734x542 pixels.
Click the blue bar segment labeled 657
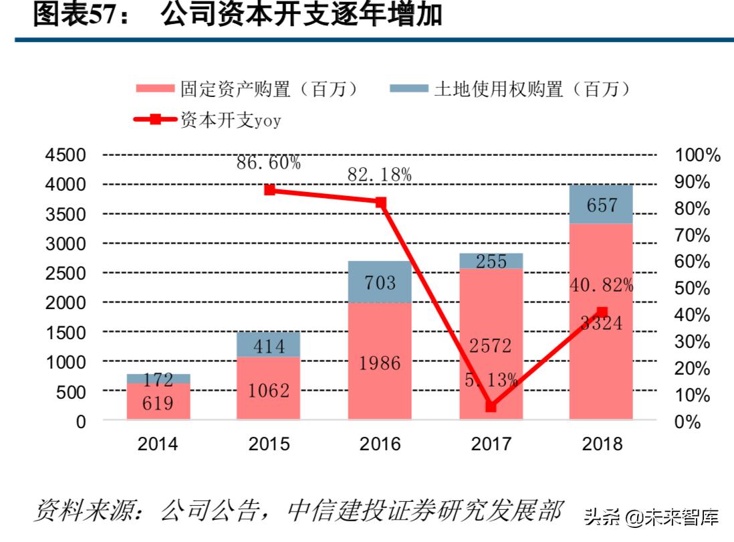(x=601, y=204)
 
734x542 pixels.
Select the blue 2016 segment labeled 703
(x=380, y=282)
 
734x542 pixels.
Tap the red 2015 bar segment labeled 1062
(x=269, y=388)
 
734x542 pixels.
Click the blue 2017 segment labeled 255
(x=491, y=261)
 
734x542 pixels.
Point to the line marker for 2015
(x=269, y=190)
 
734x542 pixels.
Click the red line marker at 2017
(x=491, y=406)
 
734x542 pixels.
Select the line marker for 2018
(x=602, y=312)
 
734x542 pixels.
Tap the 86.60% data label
(x=269, y=163)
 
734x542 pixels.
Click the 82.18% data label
(x=379, y=175)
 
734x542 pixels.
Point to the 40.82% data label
(x=601, y=286)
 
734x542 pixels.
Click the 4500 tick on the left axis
(x=65, y=155)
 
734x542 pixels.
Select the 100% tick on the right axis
(x=697, y=155)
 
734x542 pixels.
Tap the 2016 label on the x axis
(x=380, y=444)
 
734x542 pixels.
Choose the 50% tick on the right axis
(x=692, y=288)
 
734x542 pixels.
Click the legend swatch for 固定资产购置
(x=154, y=88)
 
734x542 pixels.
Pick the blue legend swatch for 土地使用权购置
(x=407, y=88)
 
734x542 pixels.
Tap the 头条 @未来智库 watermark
(x=652, y=517)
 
